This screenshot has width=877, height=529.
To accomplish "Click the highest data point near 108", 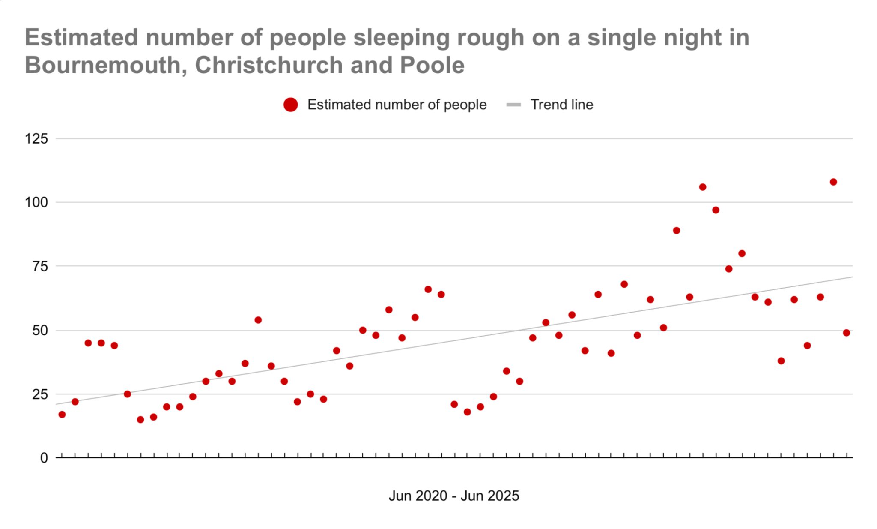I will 833,182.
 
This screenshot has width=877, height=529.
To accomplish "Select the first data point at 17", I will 62,415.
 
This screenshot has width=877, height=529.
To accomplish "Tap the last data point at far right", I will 846,333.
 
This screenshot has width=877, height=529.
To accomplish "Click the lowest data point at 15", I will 140,420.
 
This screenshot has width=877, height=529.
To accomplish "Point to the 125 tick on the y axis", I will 36,139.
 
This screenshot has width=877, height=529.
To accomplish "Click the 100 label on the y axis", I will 36,202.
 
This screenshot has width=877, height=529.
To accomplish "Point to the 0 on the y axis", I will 44,458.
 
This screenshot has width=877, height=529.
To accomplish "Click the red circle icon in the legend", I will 290,105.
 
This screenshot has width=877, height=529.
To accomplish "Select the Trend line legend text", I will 561,105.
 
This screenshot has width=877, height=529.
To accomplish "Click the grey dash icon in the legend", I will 513,105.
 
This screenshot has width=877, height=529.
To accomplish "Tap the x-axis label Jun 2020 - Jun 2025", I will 453,496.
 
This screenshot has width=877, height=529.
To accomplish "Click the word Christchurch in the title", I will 269,66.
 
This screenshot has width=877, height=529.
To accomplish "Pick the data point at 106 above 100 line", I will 702,187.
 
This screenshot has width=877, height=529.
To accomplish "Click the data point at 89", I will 676,231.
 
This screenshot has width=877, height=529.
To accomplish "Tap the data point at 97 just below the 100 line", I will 716,210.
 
